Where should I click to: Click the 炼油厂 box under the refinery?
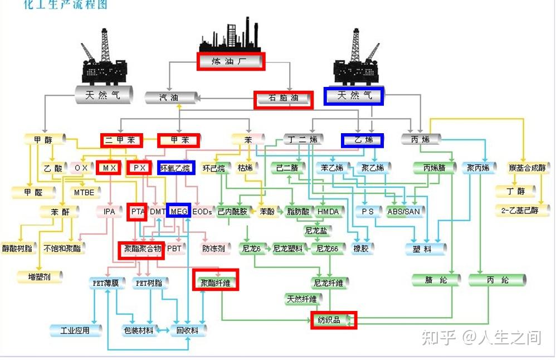coord(230,61)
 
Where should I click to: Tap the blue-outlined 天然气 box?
coord(354,96)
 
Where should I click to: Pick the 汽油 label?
coord(170,98)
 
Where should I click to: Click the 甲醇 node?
coord(45,139)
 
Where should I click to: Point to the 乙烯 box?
coord(363,140)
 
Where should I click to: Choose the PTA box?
coord(137,212)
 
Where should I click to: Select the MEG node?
coord(179,212)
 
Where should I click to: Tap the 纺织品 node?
coord(333,320)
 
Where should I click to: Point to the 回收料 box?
coord(187,330)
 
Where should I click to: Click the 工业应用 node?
coord(75,330)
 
